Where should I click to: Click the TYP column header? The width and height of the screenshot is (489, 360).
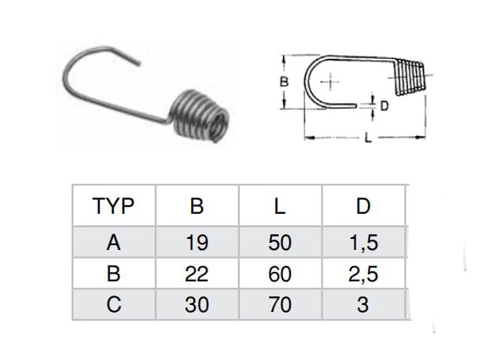click(113, 206)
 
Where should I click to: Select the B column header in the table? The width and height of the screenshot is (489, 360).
click(197, 206)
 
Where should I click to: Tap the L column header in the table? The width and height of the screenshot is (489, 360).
click(280, 206)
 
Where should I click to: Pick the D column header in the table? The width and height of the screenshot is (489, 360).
click(363, 206)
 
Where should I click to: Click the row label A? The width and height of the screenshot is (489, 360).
click(113, 243)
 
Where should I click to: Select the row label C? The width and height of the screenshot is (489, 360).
click(113, 304)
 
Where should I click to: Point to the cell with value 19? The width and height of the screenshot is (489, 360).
click(197, 243)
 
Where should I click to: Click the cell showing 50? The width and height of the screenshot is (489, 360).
click(280, 243)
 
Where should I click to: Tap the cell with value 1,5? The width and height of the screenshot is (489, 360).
click(364, 243)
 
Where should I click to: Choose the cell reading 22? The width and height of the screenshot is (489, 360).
click(197, 274)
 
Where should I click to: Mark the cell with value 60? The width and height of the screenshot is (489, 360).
click(280, 274)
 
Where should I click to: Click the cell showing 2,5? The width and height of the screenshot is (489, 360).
click(363, 274)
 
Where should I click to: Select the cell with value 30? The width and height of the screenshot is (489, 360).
click(197, 304)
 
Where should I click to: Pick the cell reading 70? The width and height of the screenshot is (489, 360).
click(280, 304)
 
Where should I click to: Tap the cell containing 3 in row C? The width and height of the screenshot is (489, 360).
click(362, 304)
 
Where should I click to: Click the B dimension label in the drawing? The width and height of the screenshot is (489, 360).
click(284, 82)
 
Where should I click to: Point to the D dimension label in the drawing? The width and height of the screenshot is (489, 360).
click(384, 106)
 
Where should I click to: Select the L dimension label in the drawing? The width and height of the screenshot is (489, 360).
click(368, 138)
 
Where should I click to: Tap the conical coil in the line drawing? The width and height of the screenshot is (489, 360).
click(410, 77)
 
